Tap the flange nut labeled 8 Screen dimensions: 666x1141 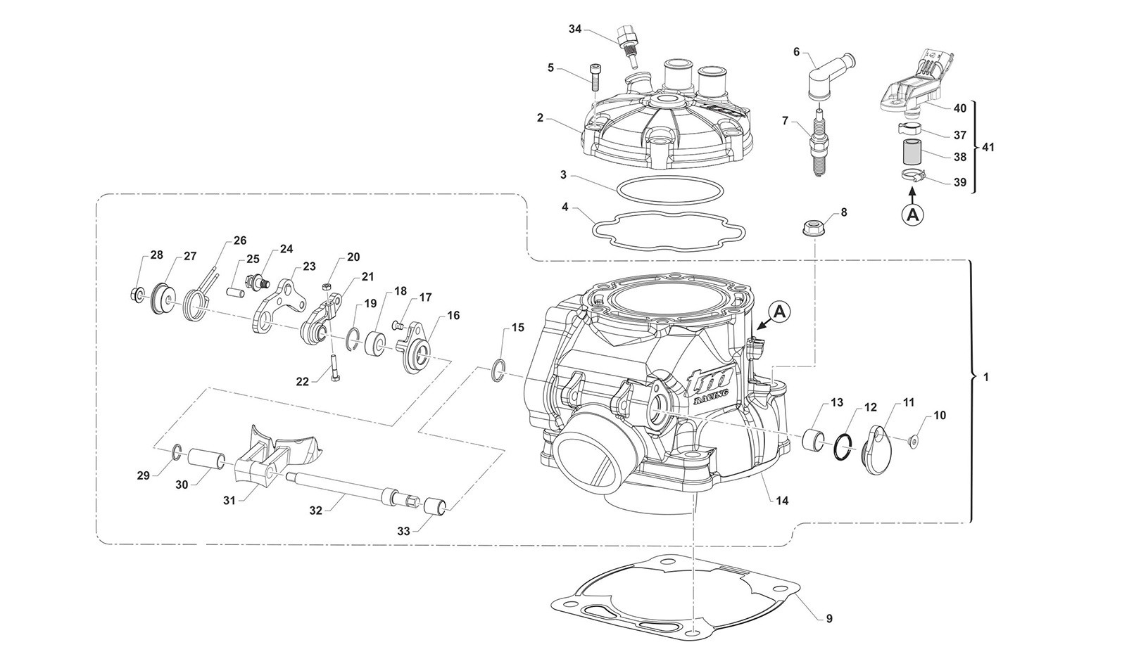click(x=814, y=227)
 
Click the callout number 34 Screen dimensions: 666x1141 click(x=575, y=29)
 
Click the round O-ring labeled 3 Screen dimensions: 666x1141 click(x=668, y=190)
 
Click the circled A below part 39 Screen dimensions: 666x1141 click(x=912, y=214)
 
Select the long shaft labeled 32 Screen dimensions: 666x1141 click(x=338, y=488)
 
